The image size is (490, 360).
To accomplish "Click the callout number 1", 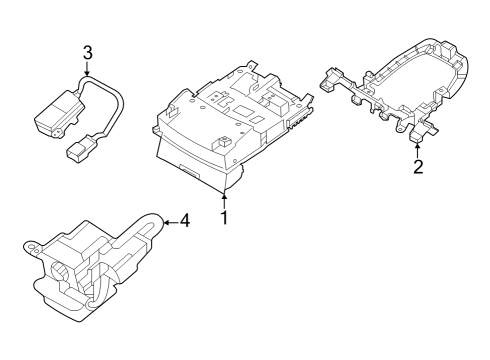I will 225,217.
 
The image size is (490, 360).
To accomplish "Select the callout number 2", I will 418,167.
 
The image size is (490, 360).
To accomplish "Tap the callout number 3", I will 88,51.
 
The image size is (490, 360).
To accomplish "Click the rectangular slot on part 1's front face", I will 187,173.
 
